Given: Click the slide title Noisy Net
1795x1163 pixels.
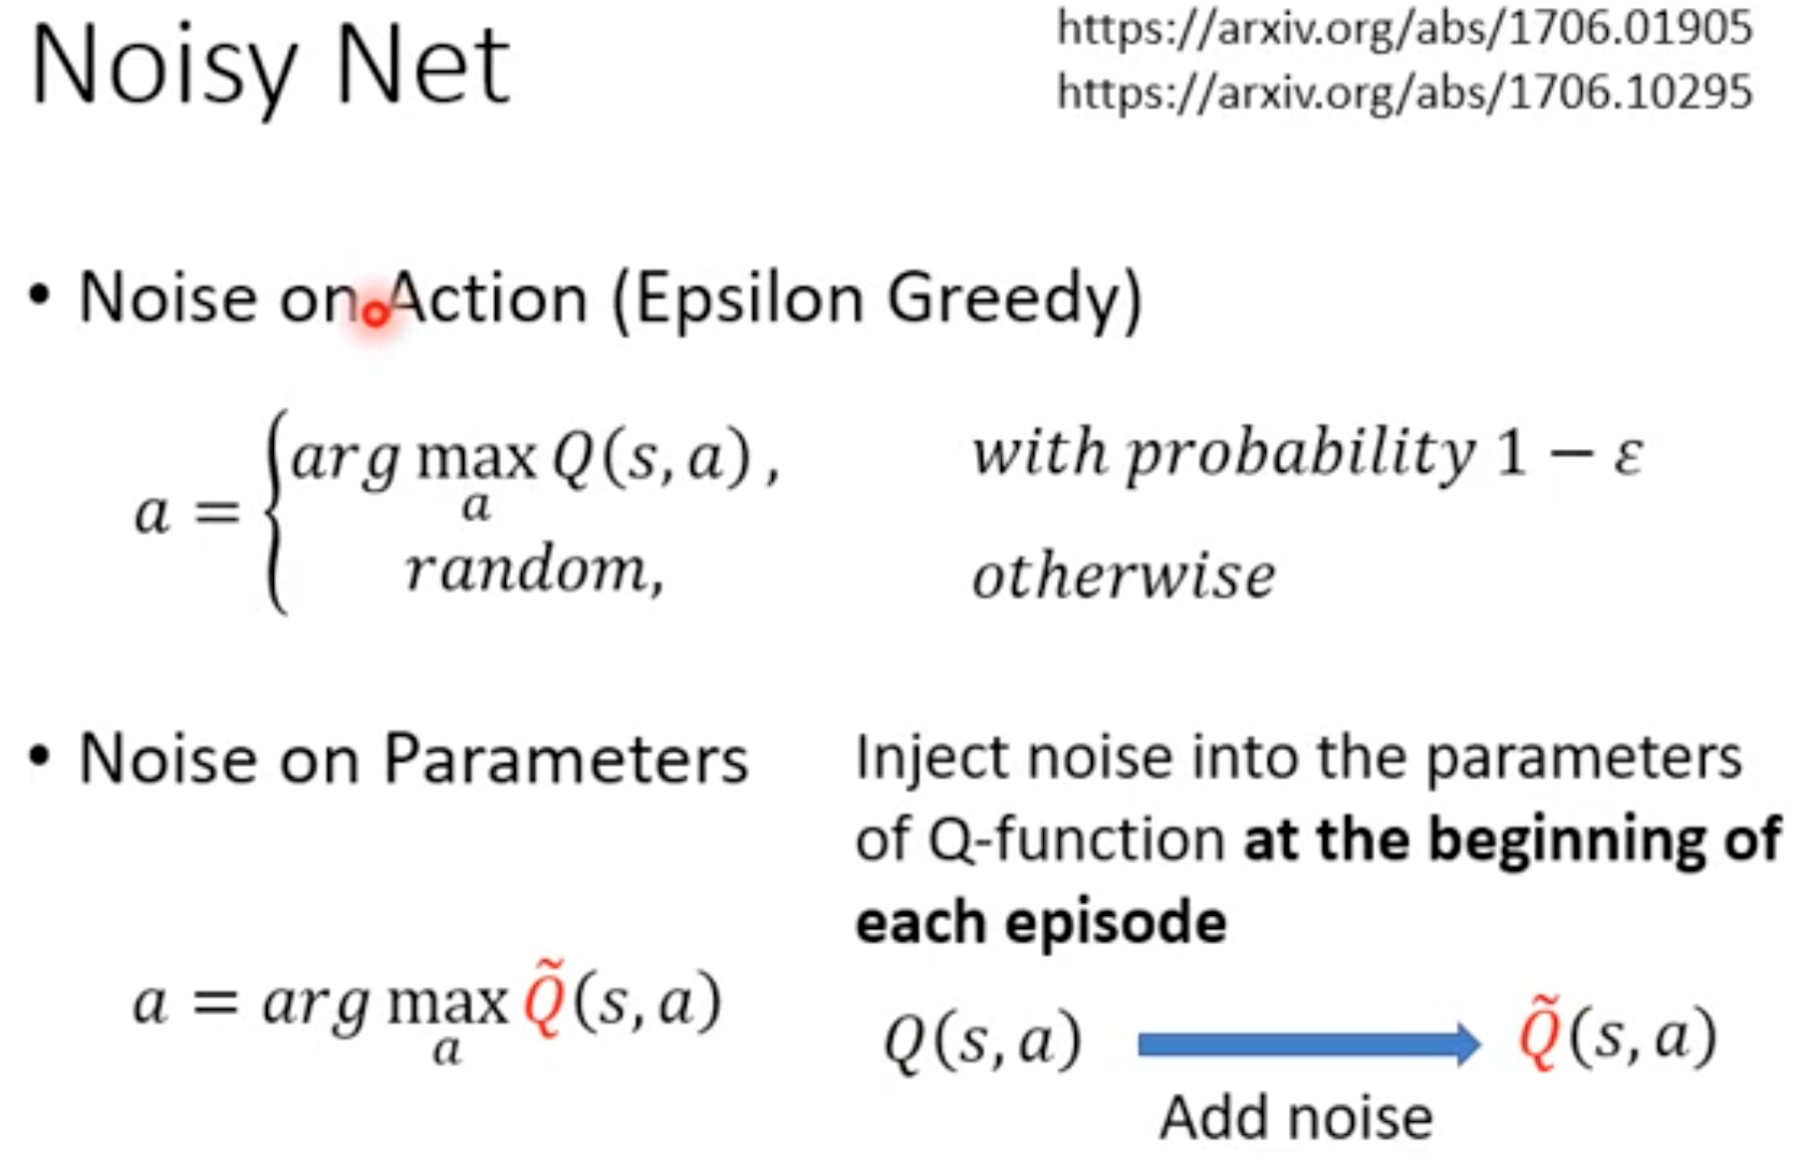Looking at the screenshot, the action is (271, 68).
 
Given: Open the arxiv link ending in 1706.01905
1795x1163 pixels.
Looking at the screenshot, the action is (1405, 28).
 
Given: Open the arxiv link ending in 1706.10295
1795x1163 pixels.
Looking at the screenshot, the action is (1405, 93).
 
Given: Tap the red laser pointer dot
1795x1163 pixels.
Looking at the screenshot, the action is (376, 315).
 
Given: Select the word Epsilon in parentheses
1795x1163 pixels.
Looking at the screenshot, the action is (748, 301).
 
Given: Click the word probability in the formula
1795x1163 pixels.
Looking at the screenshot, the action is (1301, 455).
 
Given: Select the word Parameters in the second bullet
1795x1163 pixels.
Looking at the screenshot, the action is (566, 761).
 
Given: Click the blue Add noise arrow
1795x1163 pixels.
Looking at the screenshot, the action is (1310, 1045).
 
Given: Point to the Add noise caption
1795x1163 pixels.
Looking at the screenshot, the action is (1296, 1117).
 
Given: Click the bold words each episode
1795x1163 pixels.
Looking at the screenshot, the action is (1041, 922).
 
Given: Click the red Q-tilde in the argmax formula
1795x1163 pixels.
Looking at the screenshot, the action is (545, 1000).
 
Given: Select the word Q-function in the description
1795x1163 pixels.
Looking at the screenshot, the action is (1077, 839).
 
